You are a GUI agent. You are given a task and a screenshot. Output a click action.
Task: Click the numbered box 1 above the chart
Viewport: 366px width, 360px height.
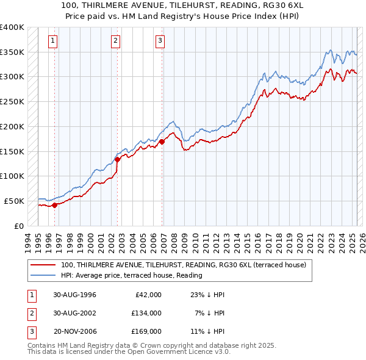[54, 41]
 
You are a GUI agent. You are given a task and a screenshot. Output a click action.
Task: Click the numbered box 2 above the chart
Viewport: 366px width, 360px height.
[116, 41]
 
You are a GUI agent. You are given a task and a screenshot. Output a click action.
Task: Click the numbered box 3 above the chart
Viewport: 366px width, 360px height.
[160, 41]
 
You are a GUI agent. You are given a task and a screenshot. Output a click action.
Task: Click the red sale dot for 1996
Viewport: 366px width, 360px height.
[54, 205]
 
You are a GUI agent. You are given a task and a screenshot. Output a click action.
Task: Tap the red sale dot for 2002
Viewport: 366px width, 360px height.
[117, 159]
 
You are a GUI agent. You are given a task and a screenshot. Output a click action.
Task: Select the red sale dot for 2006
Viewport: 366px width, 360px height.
[162, 142]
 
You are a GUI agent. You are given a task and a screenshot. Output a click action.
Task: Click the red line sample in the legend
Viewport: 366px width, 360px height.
[43, 265]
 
